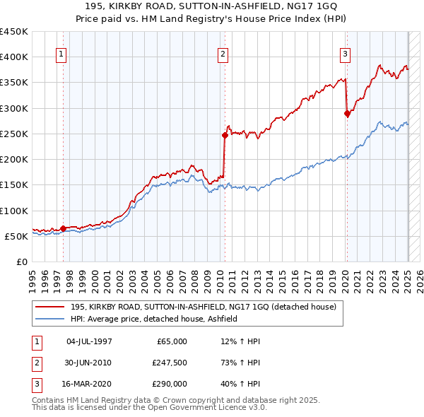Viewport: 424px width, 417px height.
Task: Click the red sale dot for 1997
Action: [63, 228]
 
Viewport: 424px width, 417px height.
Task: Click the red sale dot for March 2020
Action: [347, 113]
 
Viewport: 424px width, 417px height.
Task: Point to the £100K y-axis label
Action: [14, 211]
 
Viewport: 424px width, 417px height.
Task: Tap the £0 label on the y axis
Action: [21, 262]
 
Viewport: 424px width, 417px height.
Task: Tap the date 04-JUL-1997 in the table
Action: [88, 341]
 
